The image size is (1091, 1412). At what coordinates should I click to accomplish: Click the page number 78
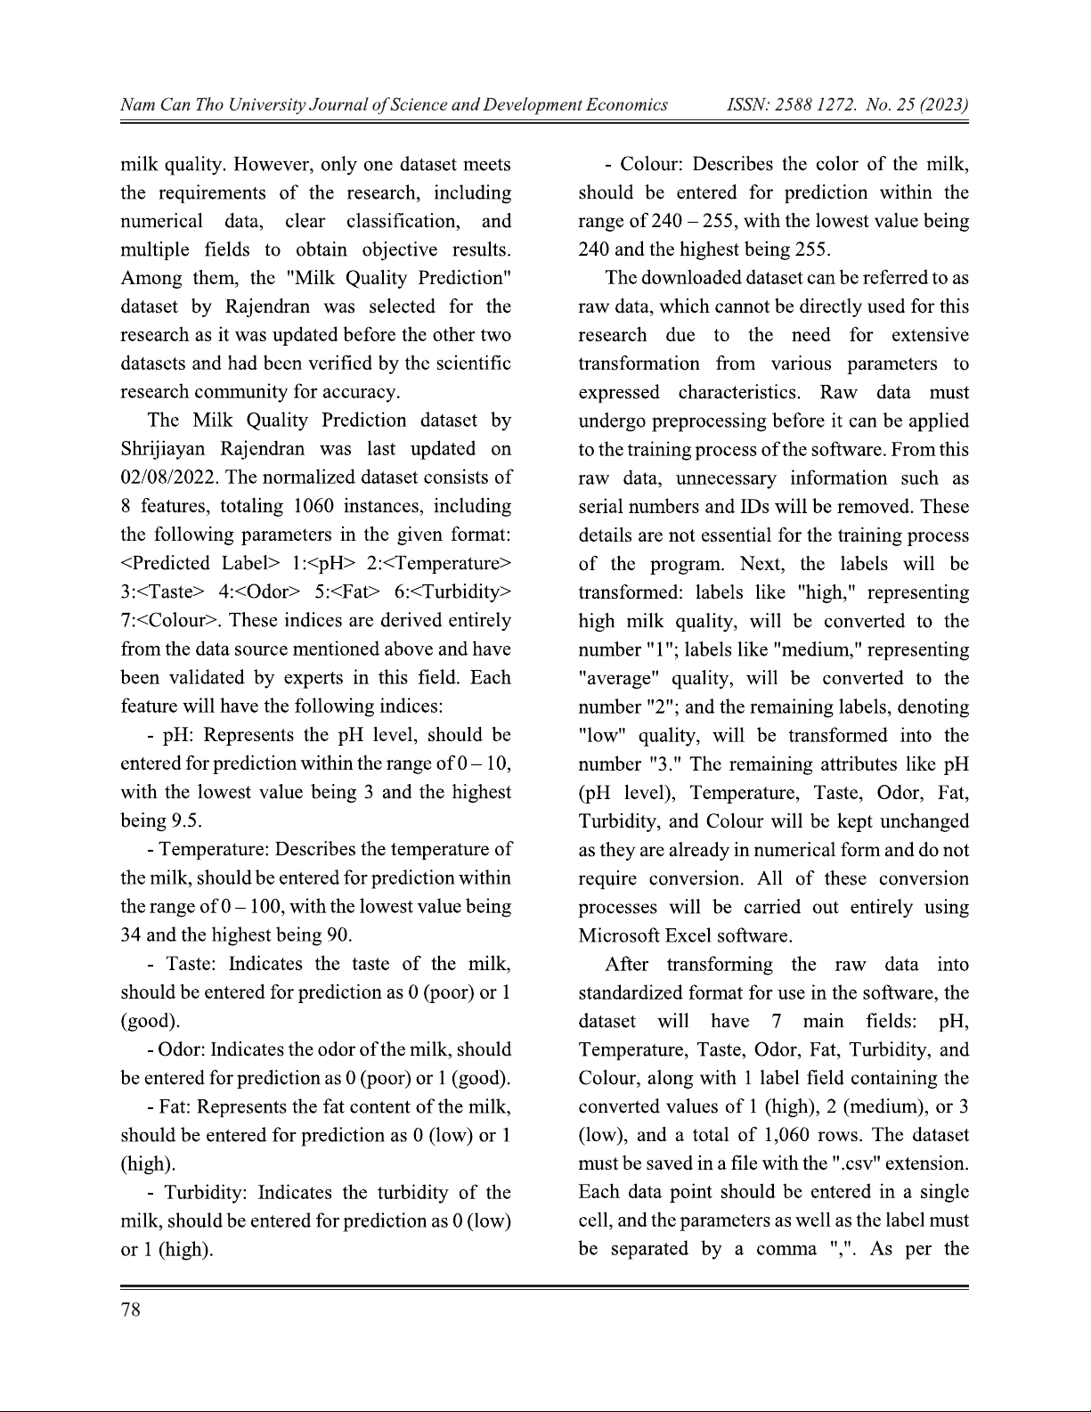[131, 1310]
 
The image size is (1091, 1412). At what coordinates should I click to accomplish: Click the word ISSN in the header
[749, 105]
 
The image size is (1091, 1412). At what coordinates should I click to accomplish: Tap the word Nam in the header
[136, 105]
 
